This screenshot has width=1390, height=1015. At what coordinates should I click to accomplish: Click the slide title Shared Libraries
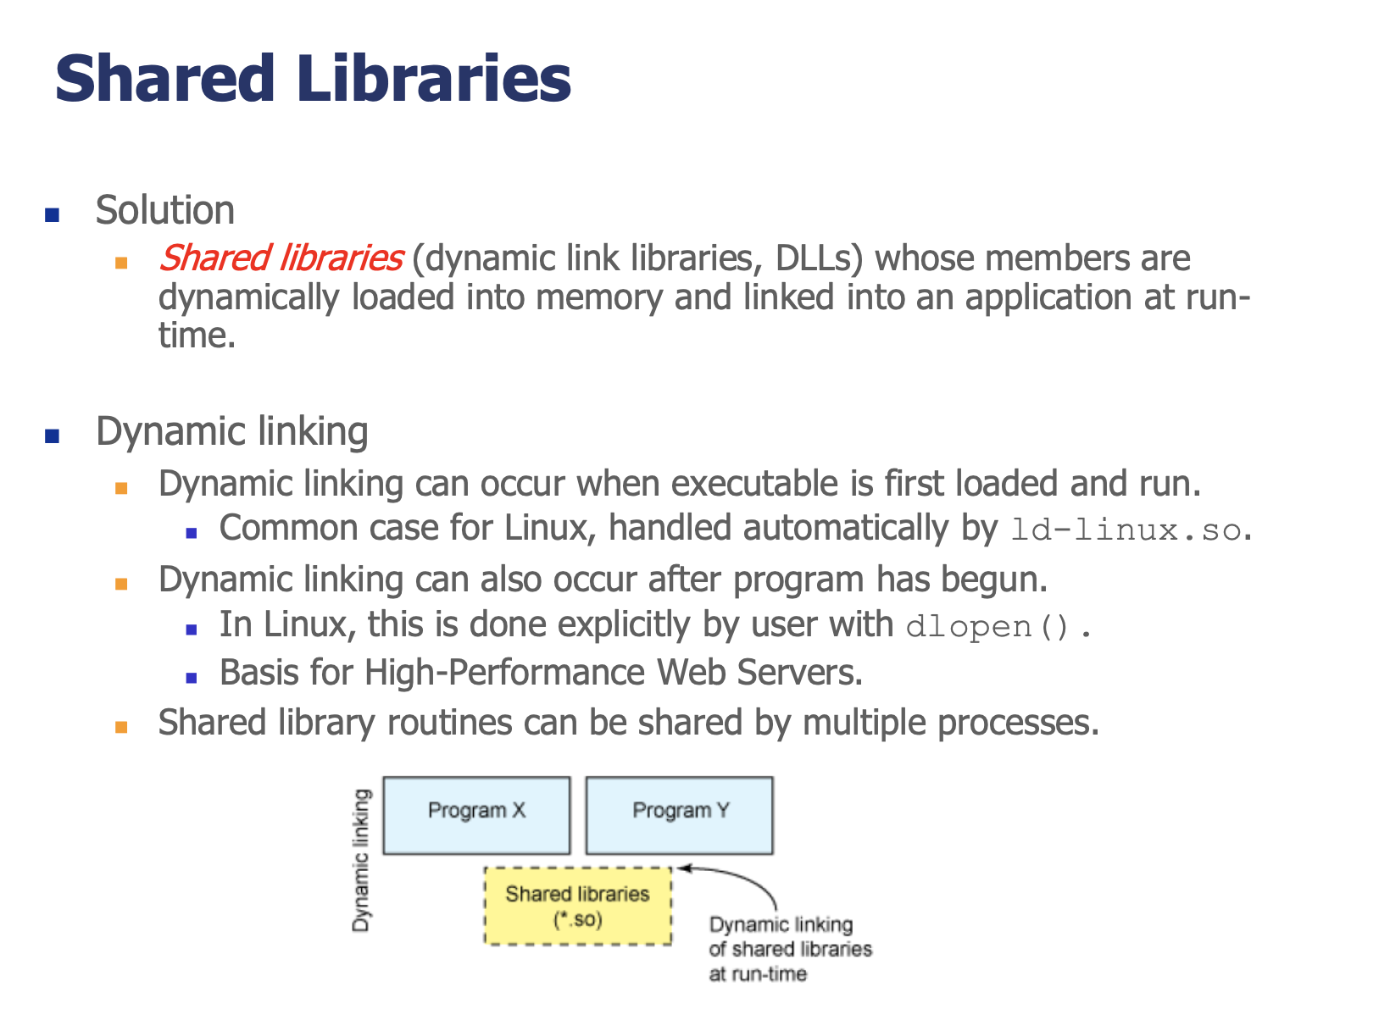point(314,79)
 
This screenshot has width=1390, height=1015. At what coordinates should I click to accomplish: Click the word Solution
point(165,210)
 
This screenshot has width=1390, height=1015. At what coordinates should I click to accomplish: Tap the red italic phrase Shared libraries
point(281,259)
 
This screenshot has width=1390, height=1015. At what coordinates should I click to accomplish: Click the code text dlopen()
point(987,627)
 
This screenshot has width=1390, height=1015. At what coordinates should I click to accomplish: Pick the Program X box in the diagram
point(476,816)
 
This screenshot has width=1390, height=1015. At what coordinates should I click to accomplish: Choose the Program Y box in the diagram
point(680,816)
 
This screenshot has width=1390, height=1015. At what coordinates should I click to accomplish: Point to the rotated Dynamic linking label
point(361,861)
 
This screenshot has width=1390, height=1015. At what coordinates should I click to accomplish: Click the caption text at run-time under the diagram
point(758,974)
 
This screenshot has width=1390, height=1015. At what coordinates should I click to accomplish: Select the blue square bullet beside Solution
point(53,215)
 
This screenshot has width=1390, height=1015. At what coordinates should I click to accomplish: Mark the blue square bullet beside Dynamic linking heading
point(53,437)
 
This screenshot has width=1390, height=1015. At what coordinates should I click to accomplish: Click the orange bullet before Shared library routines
point(122,727)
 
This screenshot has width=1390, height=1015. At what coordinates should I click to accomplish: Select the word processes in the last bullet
point(1018,724)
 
